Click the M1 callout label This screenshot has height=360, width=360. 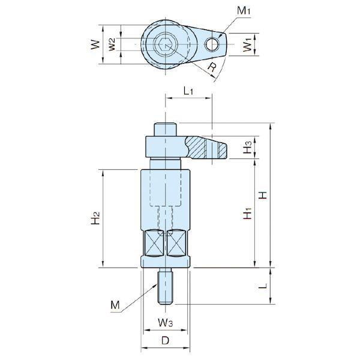tap(244, 11)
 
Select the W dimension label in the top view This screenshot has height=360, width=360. tap(95, 44)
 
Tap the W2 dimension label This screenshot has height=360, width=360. tap(112, 44)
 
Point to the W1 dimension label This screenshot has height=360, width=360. tap(247, 45)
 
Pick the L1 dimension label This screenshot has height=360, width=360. tap(188, 91)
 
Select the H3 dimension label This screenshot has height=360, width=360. tap(247, 147)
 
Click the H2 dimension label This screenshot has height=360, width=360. tap(95, 218)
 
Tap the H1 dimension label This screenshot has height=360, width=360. tap(247, 213)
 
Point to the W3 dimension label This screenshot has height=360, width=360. tap(166, 323)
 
